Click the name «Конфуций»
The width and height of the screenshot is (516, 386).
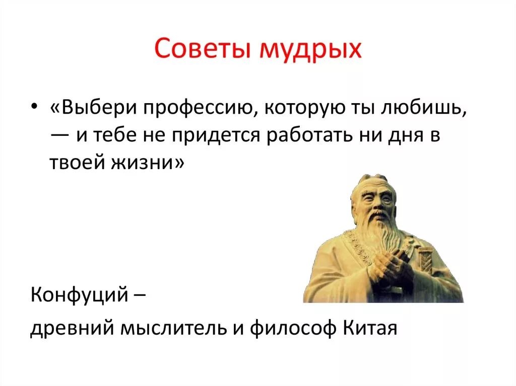[79, 294]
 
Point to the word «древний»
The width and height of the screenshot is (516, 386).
[73, 328]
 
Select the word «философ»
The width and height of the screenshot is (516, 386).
[293, 328]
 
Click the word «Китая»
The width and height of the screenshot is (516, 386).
[370, 327]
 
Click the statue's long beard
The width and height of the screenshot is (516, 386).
[379, 243]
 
